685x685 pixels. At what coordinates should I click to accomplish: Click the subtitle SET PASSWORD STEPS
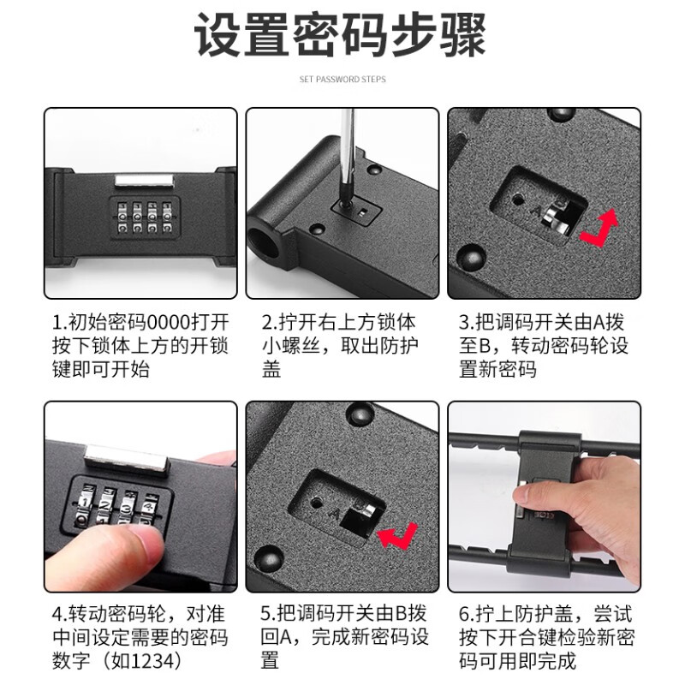[342, 80]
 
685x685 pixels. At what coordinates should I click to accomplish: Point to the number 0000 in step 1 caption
[170, 323]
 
